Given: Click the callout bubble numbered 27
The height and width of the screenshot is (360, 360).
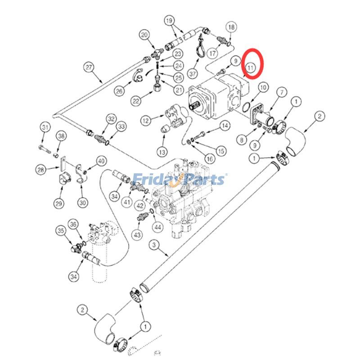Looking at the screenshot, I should point(89,67).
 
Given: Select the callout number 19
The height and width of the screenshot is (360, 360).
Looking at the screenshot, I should point(169,21).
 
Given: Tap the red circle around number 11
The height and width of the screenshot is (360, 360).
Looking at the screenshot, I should point(252,63).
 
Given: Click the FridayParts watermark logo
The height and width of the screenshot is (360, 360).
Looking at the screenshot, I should point(180,180).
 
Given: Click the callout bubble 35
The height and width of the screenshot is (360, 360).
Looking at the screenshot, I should point(61,231).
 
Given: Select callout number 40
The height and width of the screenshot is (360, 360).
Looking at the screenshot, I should point(100,161).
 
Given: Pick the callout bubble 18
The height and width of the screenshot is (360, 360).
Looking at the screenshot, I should point(231,27).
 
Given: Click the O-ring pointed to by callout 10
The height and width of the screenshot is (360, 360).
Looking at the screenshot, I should point(246,107).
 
